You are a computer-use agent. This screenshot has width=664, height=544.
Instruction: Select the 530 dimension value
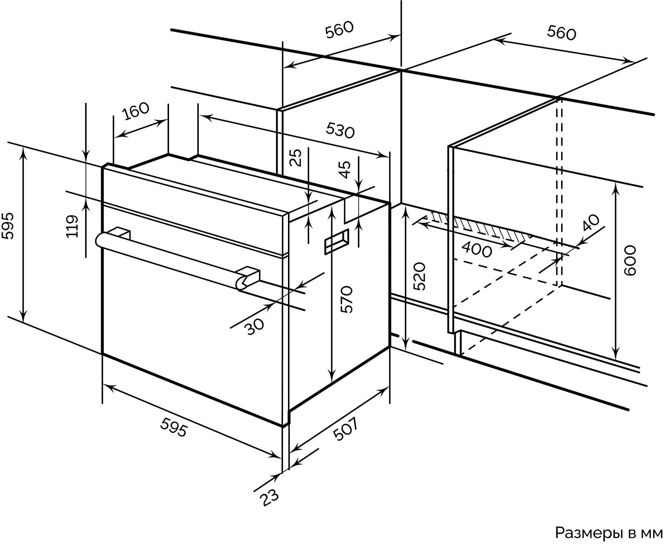tap(340, 131)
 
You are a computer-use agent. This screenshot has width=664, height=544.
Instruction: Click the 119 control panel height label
tap(72, 226)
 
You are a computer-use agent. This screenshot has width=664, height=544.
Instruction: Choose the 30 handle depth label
tap(255, 326)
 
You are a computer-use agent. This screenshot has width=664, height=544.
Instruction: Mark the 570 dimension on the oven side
tap(346, 299)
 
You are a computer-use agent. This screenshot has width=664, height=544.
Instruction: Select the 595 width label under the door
tap(174, 427)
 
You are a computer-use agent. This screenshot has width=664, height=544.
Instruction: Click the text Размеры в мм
tap(609, 532)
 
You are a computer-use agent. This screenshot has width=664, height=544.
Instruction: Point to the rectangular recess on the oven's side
tap(336, 242)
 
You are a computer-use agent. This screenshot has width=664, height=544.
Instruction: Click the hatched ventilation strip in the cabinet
tap(479, 226)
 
